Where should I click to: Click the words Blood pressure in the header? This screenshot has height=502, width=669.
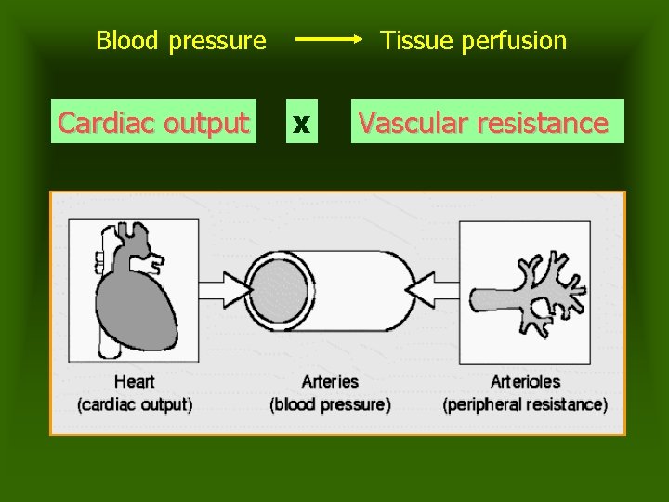(181, 41)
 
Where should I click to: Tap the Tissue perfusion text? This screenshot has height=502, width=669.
(473, 41)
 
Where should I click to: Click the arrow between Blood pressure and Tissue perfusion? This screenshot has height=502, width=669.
(331, 40)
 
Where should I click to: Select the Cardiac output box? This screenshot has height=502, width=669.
(153, 122)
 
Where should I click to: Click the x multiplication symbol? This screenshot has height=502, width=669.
(300, 123)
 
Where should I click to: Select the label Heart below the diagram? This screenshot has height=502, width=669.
(135, 381)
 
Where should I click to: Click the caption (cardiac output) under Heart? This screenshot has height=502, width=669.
(135, 404)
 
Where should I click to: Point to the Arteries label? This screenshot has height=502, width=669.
(330, 381)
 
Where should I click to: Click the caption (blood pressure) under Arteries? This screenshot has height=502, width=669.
(330, 404)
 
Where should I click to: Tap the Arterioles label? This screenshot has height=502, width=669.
(526, 381)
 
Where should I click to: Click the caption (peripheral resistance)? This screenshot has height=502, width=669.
(526, 404)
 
